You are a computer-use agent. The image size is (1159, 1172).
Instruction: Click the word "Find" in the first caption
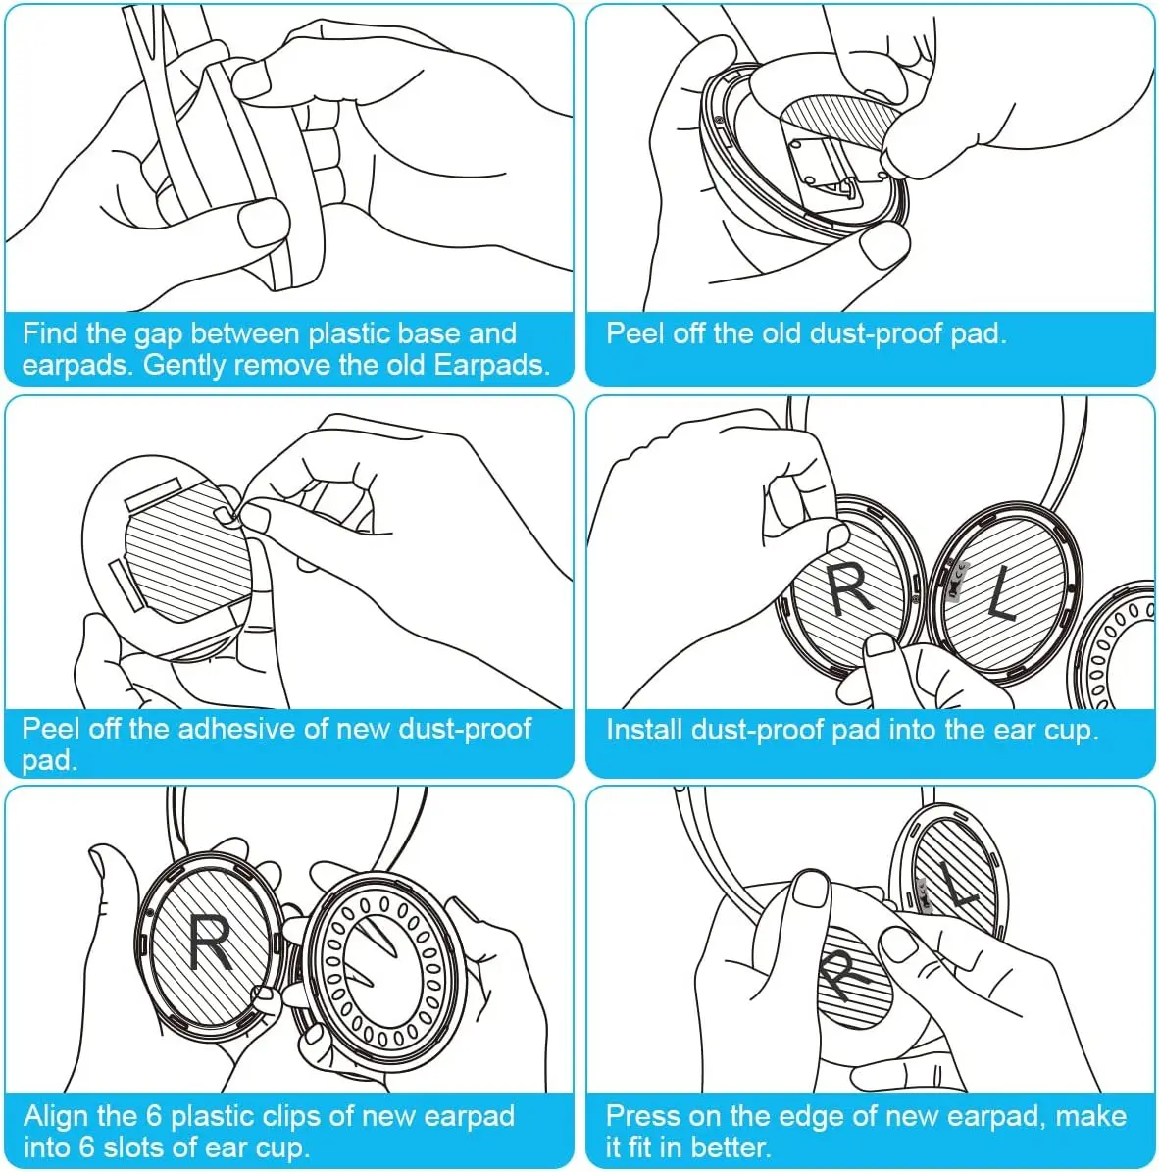49,333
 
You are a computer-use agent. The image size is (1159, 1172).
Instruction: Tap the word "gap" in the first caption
158,335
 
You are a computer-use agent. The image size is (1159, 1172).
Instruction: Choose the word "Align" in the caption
56,1116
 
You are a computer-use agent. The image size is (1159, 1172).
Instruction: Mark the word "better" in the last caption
731,1147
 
